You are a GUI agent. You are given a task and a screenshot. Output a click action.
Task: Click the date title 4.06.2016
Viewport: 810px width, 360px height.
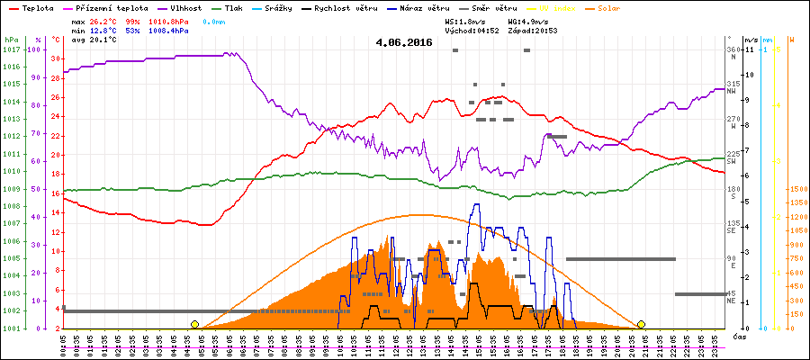(404, 42)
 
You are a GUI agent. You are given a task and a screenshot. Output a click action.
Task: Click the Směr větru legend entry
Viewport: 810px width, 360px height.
(499, 7)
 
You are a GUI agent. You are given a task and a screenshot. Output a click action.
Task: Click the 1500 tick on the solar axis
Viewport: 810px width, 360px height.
(796, 189)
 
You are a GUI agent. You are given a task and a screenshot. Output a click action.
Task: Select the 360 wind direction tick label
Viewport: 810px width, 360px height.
(733, 49)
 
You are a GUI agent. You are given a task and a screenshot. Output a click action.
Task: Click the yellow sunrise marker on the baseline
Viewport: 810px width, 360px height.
(194, 324)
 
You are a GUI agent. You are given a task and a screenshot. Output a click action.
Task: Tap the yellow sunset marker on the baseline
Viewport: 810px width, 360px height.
(641, 324)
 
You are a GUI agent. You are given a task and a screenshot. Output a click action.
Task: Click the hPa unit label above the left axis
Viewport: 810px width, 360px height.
(10, 40)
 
